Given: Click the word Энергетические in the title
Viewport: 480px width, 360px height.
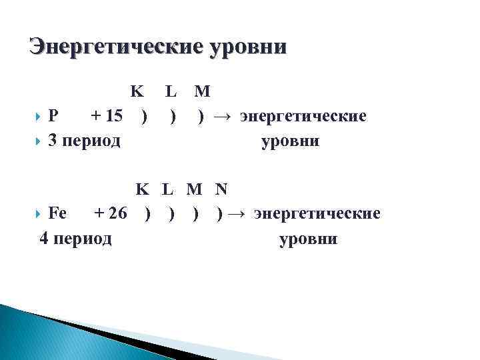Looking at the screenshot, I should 113,47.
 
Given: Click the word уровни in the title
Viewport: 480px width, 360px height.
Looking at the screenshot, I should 249,47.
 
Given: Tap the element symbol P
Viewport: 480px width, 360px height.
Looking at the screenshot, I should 55,117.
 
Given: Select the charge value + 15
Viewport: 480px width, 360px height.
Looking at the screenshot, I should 107,117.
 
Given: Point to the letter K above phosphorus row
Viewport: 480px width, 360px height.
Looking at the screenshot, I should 137,91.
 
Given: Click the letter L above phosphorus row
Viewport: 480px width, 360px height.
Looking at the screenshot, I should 171,91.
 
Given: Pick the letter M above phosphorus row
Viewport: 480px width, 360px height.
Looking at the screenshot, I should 202,91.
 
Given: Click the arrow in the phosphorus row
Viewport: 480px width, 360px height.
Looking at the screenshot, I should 223,117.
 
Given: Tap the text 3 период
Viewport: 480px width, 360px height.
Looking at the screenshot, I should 85,141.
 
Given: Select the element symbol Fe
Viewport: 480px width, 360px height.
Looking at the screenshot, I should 58,214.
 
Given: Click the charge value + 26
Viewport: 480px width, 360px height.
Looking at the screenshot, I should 111,214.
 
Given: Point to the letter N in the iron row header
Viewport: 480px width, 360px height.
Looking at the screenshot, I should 221,189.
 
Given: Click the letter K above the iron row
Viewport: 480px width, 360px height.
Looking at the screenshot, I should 143,189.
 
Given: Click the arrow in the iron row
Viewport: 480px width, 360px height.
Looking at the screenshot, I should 238,214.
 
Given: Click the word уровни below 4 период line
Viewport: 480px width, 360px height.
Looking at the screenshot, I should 309,239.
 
